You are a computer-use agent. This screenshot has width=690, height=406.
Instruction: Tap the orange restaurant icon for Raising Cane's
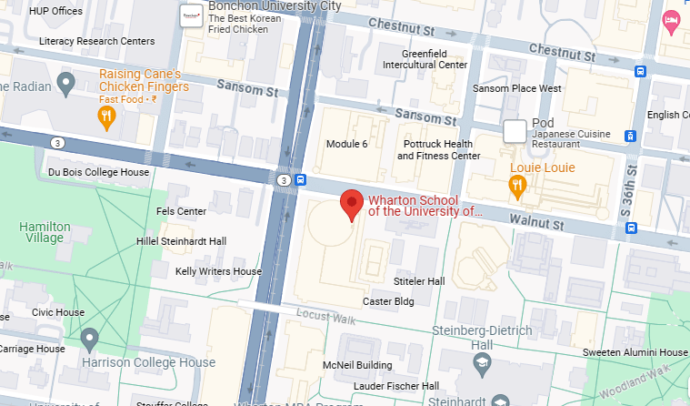pyautogui.click(x=105, y=116)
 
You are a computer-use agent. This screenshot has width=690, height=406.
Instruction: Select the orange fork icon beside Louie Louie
pyautogui.click(x=516, y=186)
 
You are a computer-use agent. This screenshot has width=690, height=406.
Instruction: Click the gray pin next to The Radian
pyautogui.click(x=65, y=85)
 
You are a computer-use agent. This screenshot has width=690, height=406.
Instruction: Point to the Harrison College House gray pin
pyautogui.click(x=89, y=340)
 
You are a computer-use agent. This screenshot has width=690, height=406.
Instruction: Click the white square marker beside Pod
pyautogui.click(x=515, y=131)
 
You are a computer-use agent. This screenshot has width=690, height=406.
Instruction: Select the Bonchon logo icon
pyautogui.click(x=192, y=15)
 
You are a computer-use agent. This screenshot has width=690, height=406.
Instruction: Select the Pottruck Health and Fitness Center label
pyautogui.click(x=438, y=150)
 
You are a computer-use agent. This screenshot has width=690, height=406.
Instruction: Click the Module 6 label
pyautogui.click(x=346, y=144)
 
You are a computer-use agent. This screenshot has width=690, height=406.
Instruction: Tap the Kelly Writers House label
pyautogui.click(x=218, y=271)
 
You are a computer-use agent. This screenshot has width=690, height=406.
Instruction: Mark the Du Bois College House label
pyautogui.click(x=98, y=172)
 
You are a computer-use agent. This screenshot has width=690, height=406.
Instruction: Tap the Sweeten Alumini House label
pyautogui.click(x=635, y=352)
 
